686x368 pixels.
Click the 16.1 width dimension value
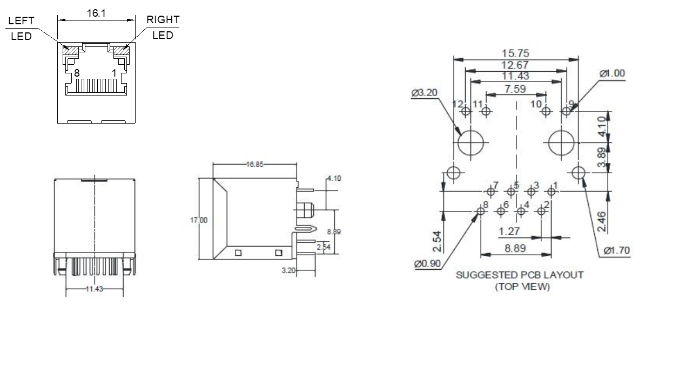coord(96,13)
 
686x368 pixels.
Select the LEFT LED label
coord(22,28)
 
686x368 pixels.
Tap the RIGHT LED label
coord(163,28)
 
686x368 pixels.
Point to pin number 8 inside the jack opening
coord(77,72)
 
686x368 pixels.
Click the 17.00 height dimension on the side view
coord(198,220)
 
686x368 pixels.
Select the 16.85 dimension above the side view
coord(255,165)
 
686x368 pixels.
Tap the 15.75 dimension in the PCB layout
coord(515,53)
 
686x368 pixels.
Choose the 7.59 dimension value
coord(515,88)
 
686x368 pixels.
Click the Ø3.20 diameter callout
coord(425,93)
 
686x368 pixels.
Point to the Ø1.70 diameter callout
coord(617,250)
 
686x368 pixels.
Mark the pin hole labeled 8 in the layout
coord(481,211)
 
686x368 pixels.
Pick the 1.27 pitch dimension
coord(509,231)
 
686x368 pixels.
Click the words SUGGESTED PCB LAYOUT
coord(520,275)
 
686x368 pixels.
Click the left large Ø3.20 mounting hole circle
coord(470,142)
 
